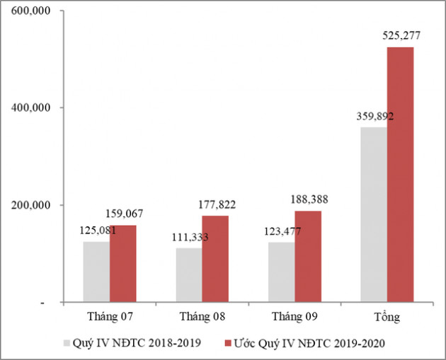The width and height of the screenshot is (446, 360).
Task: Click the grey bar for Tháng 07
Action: pos(96,272)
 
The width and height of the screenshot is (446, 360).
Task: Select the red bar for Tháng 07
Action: pos(122,264)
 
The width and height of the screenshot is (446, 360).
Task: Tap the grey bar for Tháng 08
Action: pos(189,275)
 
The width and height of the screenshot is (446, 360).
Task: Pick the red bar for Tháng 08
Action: pos(215,260)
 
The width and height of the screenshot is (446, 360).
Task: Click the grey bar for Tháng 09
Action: pos(282,272)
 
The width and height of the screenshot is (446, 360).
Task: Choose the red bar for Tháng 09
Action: pos(308,257)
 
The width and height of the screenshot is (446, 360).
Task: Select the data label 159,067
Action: pos(125,212)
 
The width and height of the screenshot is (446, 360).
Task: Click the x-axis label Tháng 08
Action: pos(202,316)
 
